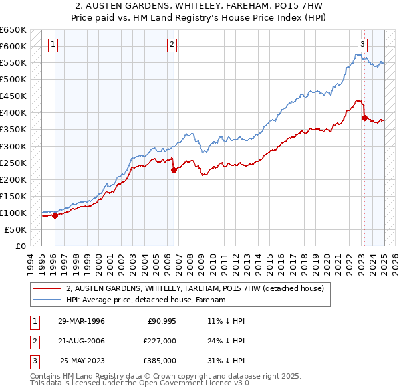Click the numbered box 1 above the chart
tap(53, 45)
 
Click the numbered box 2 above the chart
tap(172, 45)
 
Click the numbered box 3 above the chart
tap(362, 45)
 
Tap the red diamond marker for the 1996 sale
tap(55, 215)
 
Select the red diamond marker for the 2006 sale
tap(174, 170)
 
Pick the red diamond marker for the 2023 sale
tap(364, 118)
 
